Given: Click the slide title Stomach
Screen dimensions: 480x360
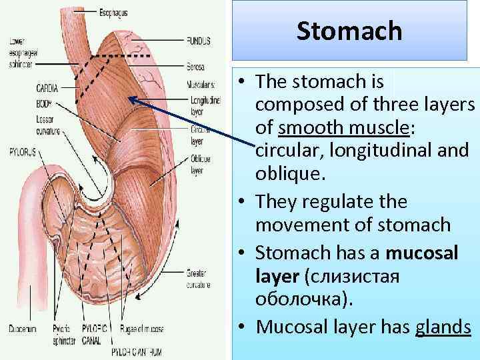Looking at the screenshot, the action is pyautogui.click(x=349, y=31).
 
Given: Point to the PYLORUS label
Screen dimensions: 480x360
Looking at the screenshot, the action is pyautogui.click(x=21, y=151).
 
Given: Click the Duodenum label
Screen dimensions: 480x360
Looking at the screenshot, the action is pyautogui.click(x=24, y=328).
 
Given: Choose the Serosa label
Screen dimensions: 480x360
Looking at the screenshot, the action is pyautogui.click(x=196, y=67).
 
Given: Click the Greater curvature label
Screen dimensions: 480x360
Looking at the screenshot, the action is pyautogui.click(x=198, y=276).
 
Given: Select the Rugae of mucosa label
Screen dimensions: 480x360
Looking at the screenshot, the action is pyautogui.click(x=142, y=328).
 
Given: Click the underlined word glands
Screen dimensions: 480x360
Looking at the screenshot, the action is pyautogui.click(x=443, y=327).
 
